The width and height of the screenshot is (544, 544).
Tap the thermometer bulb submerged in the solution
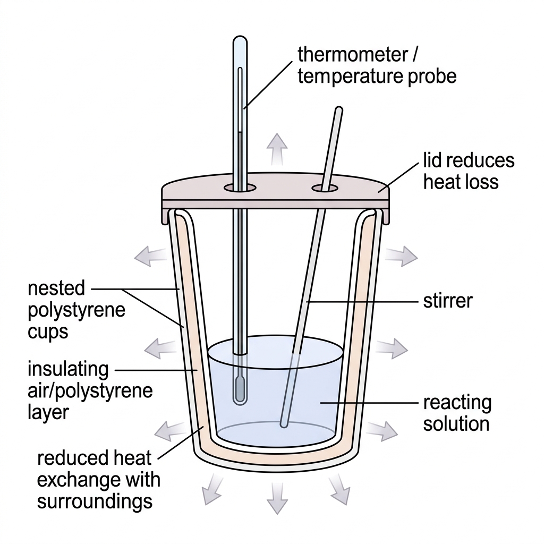tap(239, 390)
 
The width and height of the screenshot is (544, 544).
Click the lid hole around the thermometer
tap(240, 188)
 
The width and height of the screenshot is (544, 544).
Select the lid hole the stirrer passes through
tap(325, 189)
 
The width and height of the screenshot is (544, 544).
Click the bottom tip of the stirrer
tap(284, 424)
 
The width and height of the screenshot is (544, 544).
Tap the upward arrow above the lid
tap(277, 149)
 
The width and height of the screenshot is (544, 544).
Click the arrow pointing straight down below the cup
tap(277, 498)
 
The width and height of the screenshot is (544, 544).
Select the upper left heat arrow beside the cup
tap(150, 256)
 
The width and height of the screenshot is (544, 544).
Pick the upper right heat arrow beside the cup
tap(402, 256)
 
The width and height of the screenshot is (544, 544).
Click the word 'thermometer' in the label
tap(353, 55)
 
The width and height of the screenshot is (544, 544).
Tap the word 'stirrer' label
tap(448, 301)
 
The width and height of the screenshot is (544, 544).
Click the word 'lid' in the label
tap(431, 160)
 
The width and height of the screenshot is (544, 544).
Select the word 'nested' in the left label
tap(56, 288)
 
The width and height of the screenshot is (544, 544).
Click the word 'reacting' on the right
tap(457, 403)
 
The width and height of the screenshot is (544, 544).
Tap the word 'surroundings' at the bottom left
tap(95, 502)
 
